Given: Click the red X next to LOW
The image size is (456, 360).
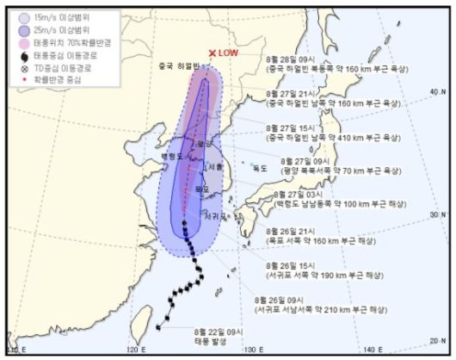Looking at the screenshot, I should pyautogui.click(x=212, y=53).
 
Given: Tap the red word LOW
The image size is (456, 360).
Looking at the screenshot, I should pyautogui.click(x=228, y=53).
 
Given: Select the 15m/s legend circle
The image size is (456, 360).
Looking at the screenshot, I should pyautogui.click(x=22, y=16).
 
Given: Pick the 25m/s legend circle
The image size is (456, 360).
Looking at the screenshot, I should pyautogui.click(x=22, y=28).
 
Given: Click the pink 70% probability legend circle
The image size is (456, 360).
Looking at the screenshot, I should pyautogui.click(x=22, y=42).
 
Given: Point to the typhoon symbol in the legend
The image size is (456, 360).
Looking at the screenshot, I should pyautogui.click(x=22, y=55).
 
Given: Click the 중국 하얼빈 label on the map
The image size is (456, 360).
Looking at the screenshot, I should pyautogui.click(x=178, y=65).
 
